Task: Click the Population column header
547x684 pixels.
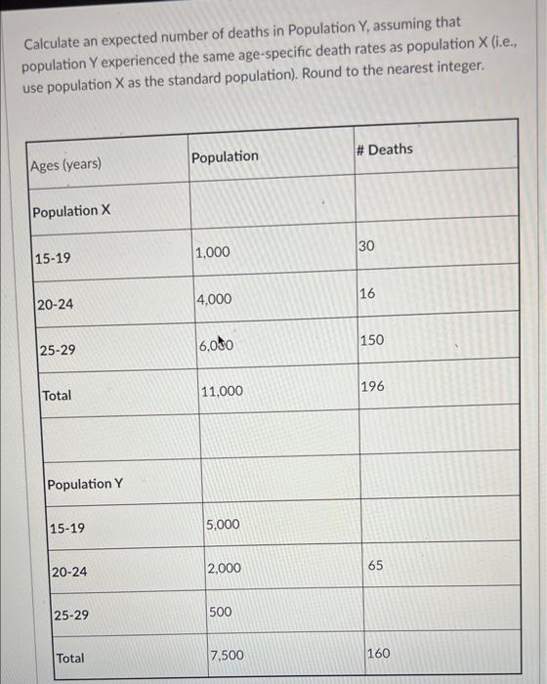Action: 226,157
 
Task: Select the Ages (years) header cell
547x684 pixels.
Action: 65,165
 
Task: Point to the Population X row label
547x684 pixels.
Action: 71,212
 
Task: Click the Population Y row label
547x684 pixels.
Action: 85,484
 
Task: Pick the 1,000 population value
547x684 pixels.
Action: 213,253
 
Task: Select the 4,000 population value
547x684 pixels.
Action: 215,299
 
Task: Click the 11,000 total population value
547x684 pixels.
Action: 222,391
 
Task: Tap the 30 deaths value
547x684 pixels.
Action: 366,245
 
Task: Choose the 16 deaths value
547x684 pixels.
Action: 367,292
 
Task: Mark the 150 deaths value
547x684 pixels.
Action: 371,340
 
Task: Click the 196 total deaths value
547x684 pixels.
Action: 372,387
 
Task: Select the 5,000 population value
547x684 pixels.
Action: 223,525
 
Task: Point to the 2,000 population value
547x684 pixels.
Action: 224,569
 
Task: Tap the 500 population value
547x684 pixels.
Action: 221,612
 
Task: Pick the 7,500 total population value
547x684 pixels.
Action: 228,655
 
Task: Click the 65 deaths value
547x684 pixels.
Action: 376,566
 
